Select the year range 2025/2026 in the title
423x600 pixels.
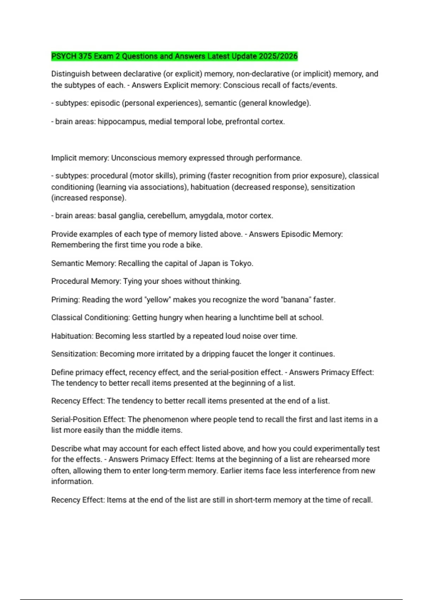[278, 56]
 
